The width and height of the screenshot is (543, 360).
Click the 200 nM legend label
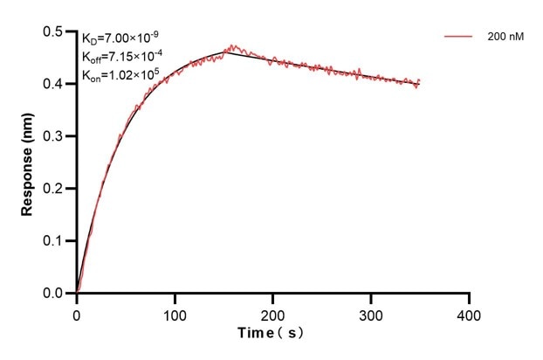tap(506, 38)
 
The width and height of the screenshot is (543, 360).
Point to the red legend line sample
tap(458, 38)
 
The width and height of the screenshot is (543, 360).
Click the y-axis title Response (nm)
tap(28, 163)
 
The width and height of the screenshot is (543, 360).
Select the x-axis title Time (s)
tap(271, 334)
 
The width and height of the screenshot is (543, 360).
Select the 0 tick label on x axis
tap(77, 313)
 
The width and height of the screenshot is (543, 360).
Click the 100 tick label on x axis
tap(175, 313)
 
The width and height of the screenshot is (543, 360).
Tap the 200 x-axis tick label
tap(273, 313)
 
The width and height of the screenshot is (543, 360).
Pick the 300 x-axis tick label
tap(371, 313)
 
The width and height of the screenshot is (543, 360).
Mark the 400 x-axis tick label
tap(469, 313)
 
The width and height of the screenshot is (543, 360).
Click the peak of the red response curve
tap(231, 46)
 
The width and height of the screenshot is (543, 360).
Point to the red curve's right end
tap(419, 82)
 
